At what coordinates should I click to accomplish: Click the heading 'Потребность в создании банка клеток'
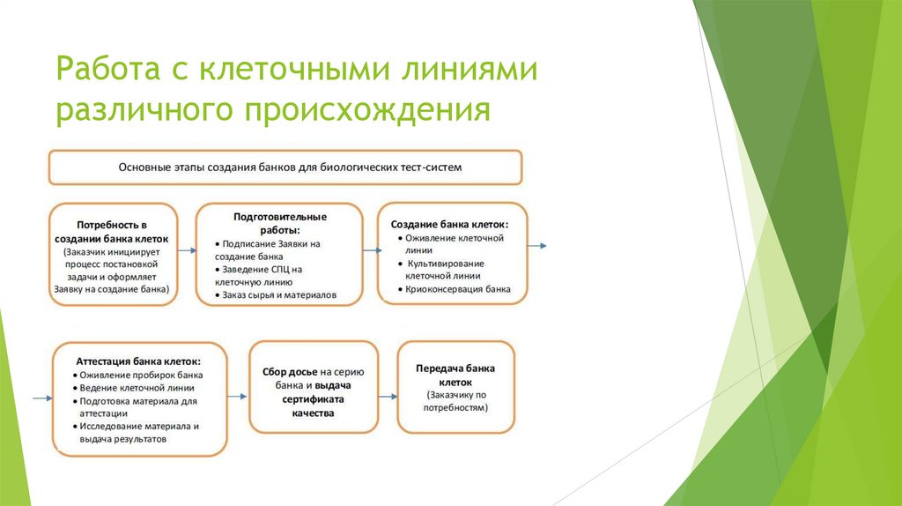tap(112, 232)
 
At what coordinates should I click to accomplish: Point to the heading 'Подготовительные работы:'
tap(280, 222)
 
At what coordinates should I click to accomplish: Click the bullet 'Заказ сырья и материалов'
tap(279, 295)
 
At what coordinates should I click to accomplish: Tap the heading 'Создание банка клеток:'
tap(449, 225)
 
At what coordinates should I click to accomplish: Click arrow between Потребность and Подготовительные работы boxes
tap(186, 251)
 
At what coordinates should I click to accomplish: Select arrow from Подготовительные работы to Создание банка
tap(371, 251)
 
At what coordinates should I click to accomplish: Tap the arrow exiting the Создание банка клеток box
tap(537, 245)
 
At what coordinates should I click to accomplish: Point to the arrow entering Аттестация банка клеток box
tap(41, 399)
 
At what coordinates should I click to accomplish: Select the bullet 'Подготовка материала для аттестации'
tap(137, 406)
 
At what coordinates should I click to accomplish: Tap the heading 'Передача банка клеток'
tap(455, 376)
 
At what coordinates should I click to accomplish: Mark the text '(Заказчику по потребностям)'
tap(455, 402)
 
